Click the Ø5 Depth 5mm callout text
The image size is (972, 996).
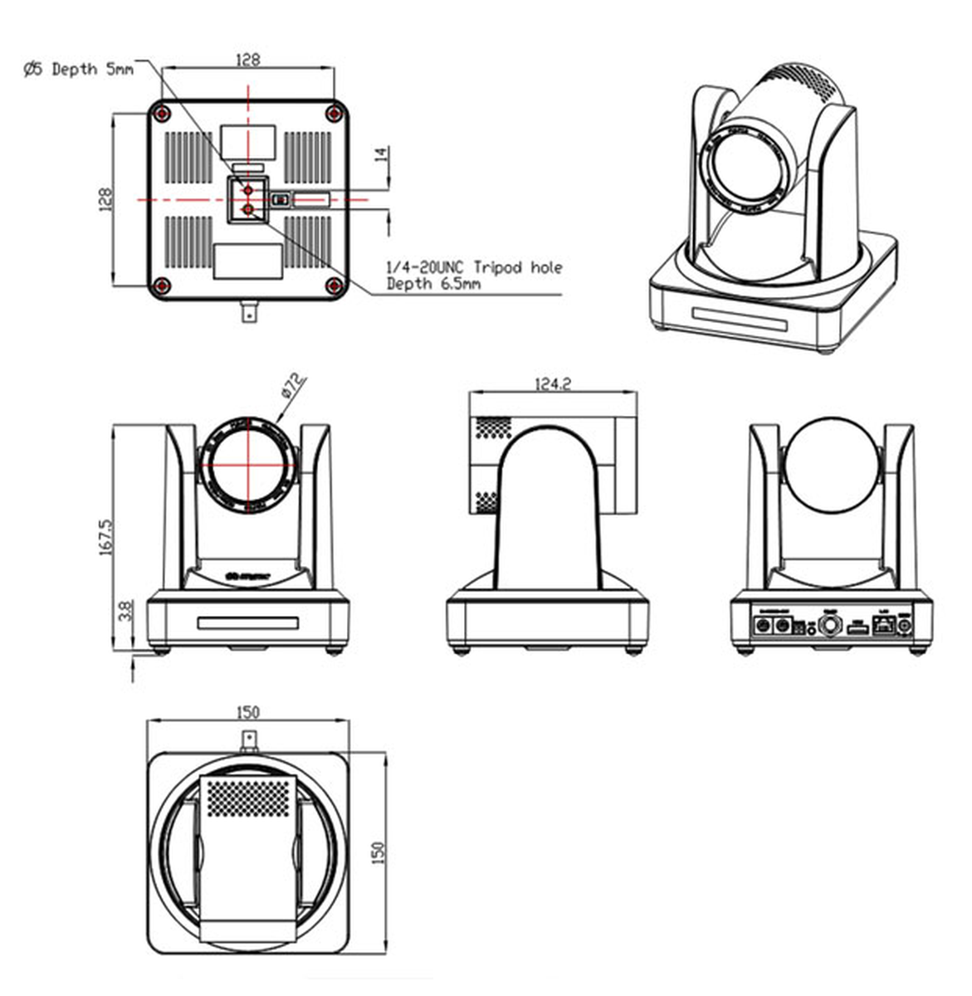[78, 70]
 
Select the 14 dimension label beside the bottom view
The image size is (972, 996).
[382, 156]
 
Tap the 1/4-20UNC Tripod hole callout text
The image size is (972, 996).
[474, 267]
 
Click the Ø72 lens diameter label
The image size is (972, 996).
[293, 387]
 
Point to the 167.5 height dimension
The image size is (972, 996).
[106, 537]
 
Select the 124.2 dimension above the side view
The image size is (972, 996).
[552, 384]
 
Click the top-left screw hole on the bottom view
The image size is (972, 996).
[163, 112]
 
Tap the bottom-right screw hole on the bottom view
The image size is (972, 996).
[334, 286]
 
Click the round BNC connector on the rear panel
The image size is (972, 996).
[829, 626]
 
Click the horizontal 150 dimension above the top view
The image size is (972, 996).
[247, 712]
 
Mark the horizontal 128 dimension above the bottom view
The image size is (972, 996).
[247, 60]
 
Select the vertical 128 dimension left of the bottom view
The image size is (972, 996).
[105, 199]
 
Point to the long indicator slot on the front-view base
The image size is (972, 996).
[247, 622]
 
